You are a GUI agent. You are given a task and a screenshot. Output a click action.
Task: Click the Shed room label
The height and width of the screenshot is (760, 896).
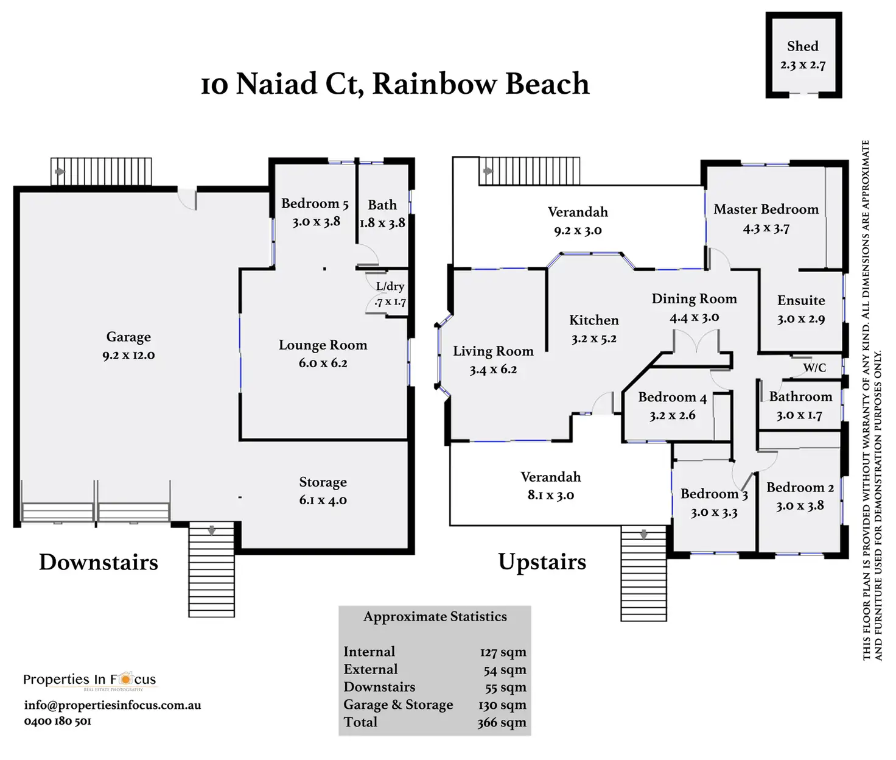click(802, 46)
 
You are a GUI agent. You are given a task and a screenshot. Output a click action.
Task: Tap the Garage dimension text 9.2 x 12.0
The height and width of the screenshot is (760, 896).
click(128, 356)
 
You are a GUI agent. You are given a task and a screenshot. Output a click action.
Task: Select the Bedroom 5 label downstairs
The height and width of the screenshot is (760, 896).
click(315, 203)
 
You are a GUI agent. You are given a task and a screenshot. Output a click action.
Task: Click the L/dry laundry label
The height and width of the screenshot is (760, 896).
click(390, 286)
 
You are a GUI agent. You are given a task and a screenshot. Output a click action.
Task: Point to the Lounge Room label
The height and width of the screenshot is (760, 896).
click(323, 345)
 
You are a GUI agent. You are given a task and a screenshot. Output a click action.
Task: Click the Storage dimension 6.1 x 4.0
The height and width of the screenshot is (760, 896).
click(323, 501)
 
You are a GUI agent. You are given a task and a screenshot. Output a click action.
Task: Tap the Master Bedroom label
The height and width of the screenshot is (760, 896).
click(766, 209)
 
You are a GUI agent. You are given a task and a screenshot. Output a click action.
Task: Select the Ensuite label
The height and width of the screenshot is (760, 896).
click(801, 300)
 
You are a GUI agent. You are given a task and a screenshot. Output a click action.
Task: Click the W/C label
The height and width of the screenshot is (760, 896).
click(814, 368)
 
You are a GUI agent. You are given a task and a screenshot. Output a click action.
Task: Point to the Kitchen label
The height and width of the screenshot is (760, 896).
click(593, 320)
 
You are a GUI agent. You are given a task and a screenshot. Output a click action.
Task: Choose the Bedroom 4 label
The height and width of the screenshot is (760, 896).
click(672, 398)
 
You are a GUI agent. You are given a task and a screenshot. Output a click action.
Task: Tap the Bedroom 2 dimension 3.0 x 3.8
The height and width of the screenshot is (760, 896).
click(800, 506)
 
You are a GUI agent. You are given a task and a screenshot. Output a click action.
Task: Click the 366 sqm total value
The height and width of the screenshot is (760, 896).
click(502, 723)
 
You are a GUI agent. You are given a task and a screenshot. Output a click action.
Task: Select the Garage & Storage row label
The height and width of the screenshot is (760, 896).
click(398, 705)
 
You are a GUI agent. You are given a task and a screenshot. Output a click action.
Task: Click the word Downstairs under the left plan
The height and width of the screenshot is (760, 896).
click(99, 562)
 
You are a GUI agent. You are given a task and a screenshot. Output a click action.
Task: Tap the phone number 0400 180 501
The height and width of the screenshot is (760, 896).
click(58, 721)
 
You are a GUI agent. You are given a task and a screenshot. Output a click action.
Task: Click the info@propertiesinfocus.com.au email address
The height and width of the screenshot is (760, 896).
click(113, 705)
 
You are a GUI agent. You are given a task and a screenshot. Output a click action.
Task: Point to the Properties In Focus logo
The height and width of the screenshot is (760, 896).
click(89, 680)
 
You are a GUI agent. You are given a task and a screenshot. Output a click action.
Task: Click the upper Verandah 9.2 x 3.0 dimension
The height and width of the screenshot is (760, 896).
click(578, 231)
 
